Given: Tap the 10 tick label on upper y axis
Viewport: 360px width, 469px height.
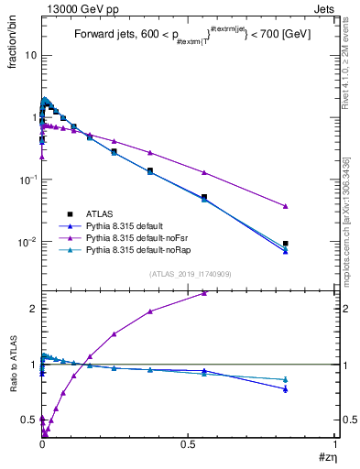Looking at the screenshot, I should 30,55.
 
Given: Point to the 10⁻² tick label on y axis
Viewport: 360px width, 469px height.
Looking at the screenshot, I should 27,242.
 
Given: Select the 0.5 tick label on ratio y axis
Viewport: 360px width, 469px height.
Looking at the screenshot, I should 28,420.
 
